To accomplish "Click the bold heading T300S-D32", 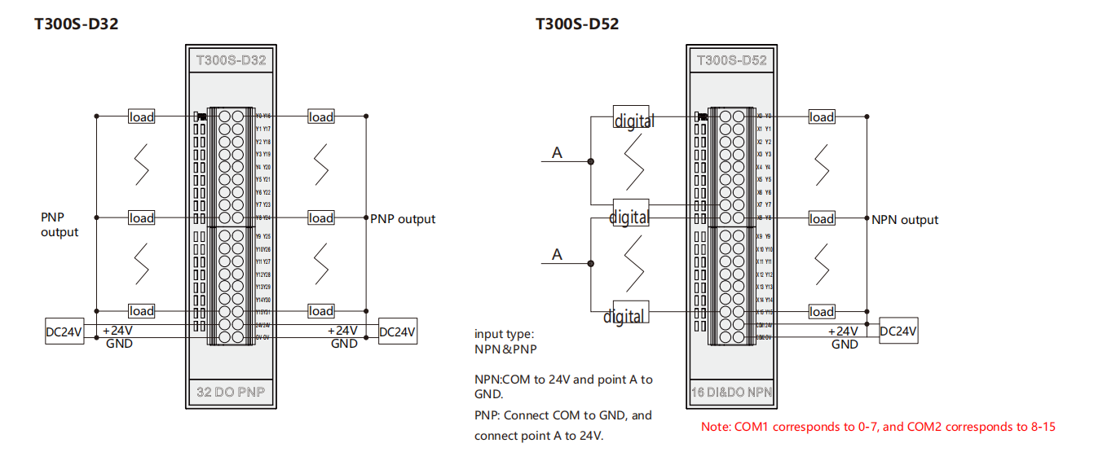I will [76, 24].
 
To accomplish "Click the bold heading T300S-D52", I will [576, 24].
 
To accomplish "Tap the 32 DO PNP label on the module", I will [231, 392].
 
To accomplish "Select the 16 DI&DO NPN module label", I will [731, 393].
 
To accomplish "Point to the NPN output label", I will [905, 220].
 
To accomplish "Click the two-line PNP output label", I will [60, 225].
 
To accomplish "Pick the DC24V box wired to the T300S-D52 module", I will [898, 331].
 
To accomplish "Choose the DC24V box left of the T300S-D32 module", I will [64, 331].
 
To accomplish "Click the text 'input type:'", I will [505, 334].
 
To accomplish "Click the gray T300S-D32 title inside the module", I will [231, 60].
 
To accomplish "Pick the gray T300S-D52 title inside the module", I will [731, 60].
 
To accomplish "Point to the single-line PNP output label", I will [403, 219].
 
